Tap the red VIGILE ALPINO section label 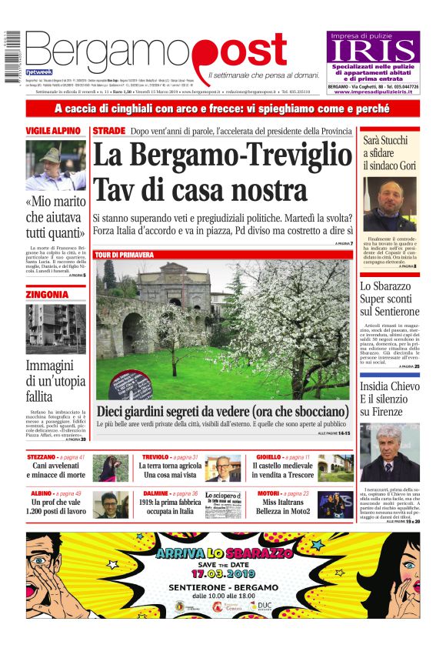coord(55,131)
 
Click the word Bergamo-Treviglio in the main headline coord(221,156)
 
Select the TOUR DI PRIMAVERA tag coord(124,255)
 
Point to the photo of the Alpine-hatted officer coord(55,165)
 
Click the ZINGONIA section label coord(47,295)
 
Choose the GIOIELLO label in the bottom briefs coord(268,457)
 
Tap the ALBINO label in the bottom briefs coord(41,493)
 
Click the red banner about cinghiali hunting coord(223,109)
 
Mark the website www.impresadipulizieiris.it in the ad coord(374,93)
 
